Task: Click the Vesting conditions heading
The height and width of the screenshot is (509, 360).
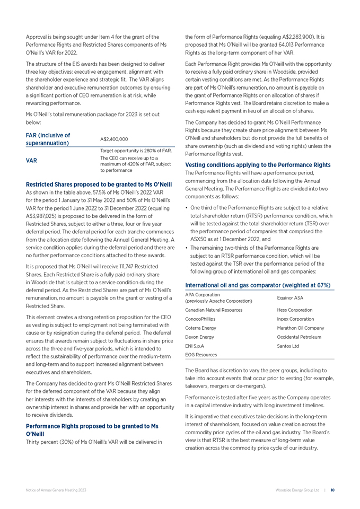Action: tap(257, 165)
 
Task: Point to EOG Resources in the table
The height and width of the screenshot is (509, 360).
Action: tap(202, 359)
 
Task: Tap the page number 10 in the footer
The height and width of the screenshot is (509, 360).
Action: tap(332, 490)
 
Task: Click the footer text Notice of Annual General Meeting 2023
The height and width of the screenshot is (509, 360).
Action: tap(56, 490)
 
